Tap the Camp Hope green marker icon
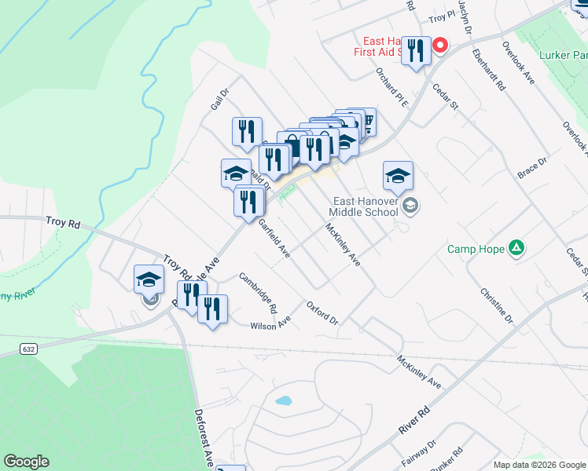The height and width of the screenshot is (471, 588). (516, 249)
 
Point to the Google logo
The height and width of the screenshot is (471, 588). (26, 462)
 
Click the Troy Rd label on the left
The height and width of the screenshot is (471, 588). (63, 224)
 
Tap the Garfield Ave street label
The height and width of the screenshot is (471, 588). (274, 239)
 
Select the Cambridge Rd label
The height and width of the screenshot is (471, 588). (259, 289)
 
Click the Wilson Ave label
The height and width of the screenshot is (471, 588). (270, 325)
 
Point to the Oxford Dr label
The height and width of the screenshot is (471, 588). (322, 314)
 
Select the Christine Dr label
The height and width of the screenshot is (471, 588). (496, 305)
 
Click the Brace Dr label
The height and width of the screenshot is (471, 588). (531, 170)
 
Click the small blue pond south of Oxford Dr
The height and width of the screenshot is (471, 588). (283, 401)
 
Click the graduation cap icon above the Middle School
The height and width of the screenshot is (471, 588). (398, 176)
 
